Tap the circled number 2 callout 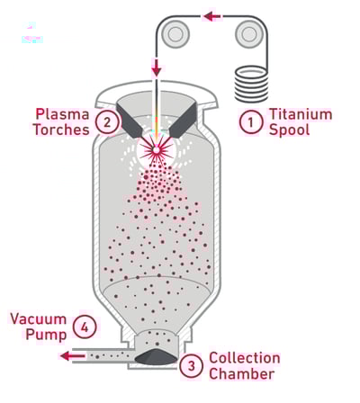click(107, 121)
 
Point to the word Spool click(289, 130)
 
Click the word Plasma click(62, 114)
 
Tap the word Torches click(58, 130)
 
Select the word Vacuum click(38, 318)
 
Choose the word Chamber click(241, 374)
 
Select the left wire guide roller click(176, 35)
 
